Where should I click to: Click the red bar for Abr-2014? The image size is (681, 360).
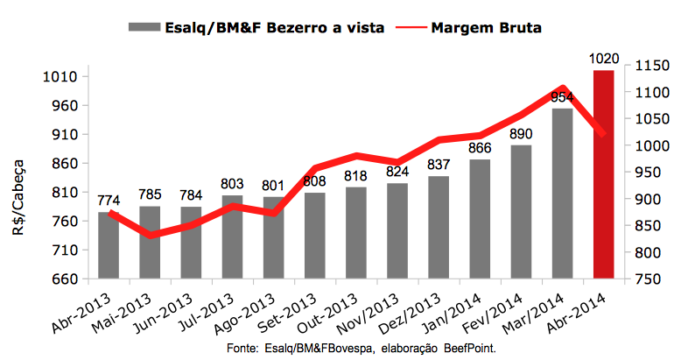pos(604,175)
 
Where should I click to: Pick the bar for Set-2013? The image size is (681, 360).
pos(315,235)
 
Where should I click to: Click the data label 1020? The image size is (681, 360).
pos(604,60)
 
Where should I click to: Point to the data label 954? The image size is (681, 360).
pos(562,96)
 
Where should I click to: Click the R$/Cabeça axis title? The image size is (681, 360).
pos(19,188)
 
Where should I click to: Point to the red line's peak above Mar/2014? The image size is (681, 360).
pos(563,88)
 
